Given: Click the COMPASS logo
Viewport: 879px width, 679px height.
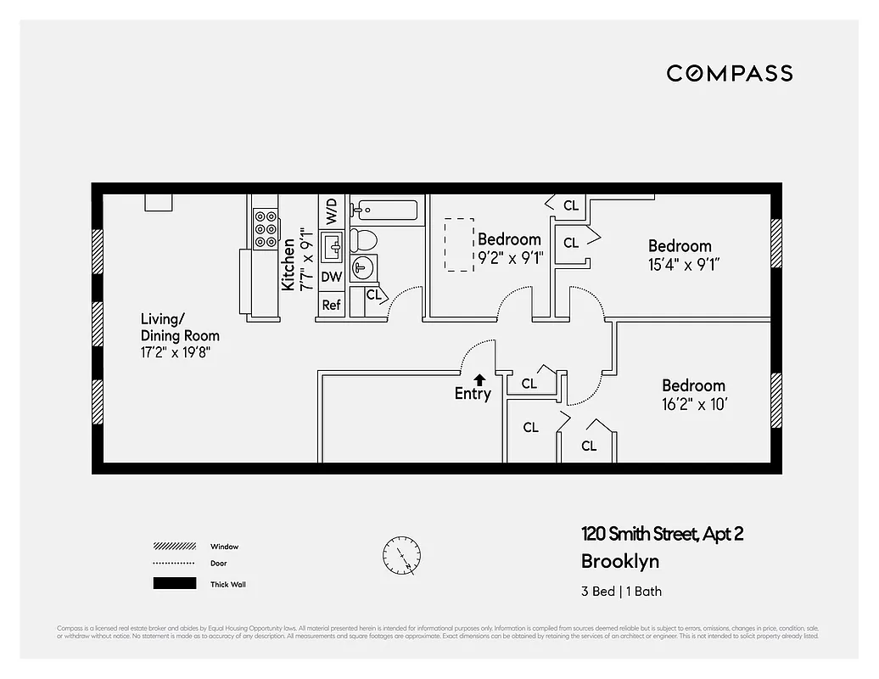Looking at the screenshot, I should click(729, 73).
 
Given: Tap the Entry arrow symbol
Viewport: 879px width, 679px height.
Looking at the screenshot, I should click(480, 380).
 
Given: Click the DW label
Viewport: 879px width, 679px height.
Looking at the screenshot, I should click(332, 277).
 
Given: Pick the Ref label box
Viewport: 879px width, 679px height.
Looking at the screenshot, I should click(332, 305).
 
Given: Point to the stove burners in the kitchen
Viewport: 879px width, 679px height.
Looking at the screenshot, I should click(266, 228).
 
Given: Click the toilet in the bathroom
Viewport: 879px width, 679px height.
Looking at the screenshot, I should click(365, 240).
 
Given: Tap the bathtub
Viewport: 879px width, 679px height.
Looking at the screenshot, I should click(387, 210).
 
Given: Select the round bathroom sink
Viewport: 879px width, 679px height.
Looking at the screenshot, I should click(363, 268).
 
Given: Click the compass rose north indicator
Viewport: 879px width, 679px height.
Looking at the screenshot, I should click(400, 556).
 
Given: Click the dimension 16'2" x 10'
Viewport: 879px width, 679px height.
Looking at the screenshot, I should click(694, 405).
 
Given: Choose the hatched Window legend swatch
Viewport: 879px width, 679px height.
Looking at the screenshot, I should click(174, 547).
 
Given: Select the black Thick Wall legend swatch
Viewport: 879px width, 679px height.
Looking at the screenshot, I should click(174, 584).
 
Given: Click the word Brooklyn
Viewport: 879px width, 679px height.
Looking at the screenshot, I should click(619, 561).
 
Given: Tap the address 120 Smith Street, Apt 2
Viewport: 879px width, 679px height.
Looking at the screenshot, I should click(662, 534).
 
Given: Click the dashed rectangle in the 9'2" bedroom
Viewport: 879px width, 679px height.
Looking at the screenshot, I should click(460, 244).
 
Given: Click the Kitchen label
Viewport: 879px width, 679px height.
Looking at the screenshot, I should click(289, 264).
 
